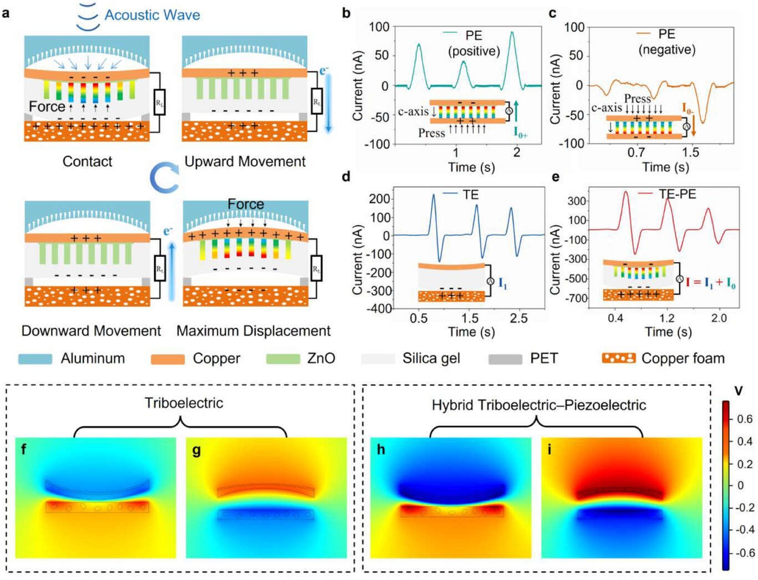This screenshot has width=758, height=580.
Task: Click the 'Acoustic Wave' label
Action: tap(152, 15)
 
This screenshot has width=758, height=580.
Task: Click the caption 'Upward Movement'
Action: tap(245, 161)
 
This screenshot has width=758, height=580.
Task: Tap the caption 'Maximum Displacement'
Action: tap(253, 331)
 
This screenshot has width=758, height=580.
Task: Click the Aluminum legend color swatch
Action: tap(35, 359)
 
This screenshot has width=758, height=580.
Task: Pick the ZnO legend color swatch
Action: tap(283, 359)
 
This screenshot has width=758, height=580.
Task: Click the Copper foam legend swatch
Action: tap(618, 358)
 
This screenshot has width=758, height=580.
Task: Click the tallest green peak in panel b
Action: tap(512, 33)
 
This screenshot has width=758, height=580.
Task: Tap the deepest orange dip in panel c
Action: tap(703, 121)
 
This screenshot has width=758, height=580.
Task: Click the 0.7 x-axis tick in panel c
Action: tap(636, 152)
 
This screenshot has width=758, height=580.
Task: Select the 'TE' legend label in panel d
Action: tap(470, 195)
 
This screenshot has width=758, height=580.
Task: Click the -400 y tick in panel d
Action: tap(380, 309)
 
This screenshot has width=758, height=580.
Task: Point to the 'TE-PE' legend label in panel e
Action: tap(677, 194)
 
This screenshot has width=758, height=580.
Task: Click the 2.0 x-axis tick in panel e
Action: tap(719, 318)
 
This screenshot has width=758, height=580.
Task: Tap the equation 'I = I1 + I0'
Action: tap(710, 283)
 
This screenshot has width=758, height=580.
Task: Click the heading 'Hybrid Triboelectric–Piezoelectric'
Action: tap(538, 405)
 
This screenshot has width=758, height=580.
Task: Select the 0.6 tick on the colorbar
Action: tap(745, 419)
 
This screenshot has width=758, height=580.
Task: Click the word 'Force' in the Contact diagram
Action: tap(47, 106)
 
